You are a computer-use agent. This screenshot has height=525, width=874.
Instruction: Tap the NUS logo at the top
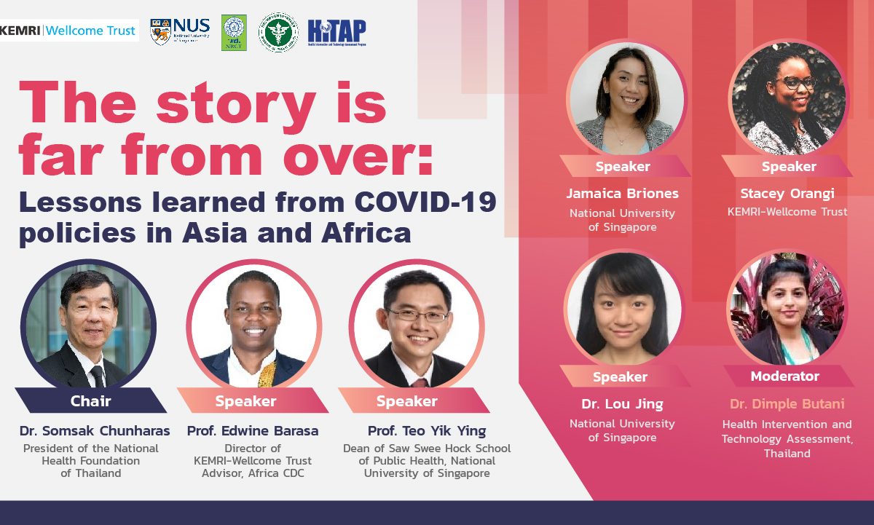pos(179,31)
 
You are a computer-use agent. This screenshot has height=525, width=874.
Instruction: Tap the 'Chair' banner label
pos(91,400)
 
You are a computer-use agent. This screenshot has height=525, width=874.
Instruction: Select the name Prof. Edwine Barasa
pos(253,431)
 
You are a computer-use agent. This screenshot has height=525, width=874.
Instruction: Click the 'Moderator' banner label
pos(785,376)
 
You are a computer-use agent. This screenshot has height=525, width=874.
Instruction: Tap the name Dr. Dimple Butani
pos(787,404)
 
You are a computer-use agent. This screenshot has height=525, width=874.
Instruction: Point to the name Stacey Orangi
pos(787,194)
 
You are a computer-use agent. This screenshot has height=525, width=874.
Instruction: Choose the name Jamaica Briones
pos(622,194)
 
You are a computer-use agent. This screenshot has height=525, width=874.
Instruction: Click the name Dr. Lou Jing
pos(622,404)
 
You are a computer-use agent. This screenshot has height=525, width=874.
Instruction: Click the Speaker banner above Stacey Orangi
pos(789,167)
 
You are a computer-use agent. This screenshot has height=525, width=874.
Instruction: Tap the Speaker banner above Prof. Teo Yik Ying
pos(407,401)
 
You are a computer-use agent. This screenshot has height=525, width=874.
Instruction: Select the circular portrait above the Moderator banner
pos(787,308)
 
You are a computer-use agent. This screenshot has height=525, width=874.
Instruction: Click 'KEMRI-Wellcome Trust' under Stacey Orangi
pos(787,212)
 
